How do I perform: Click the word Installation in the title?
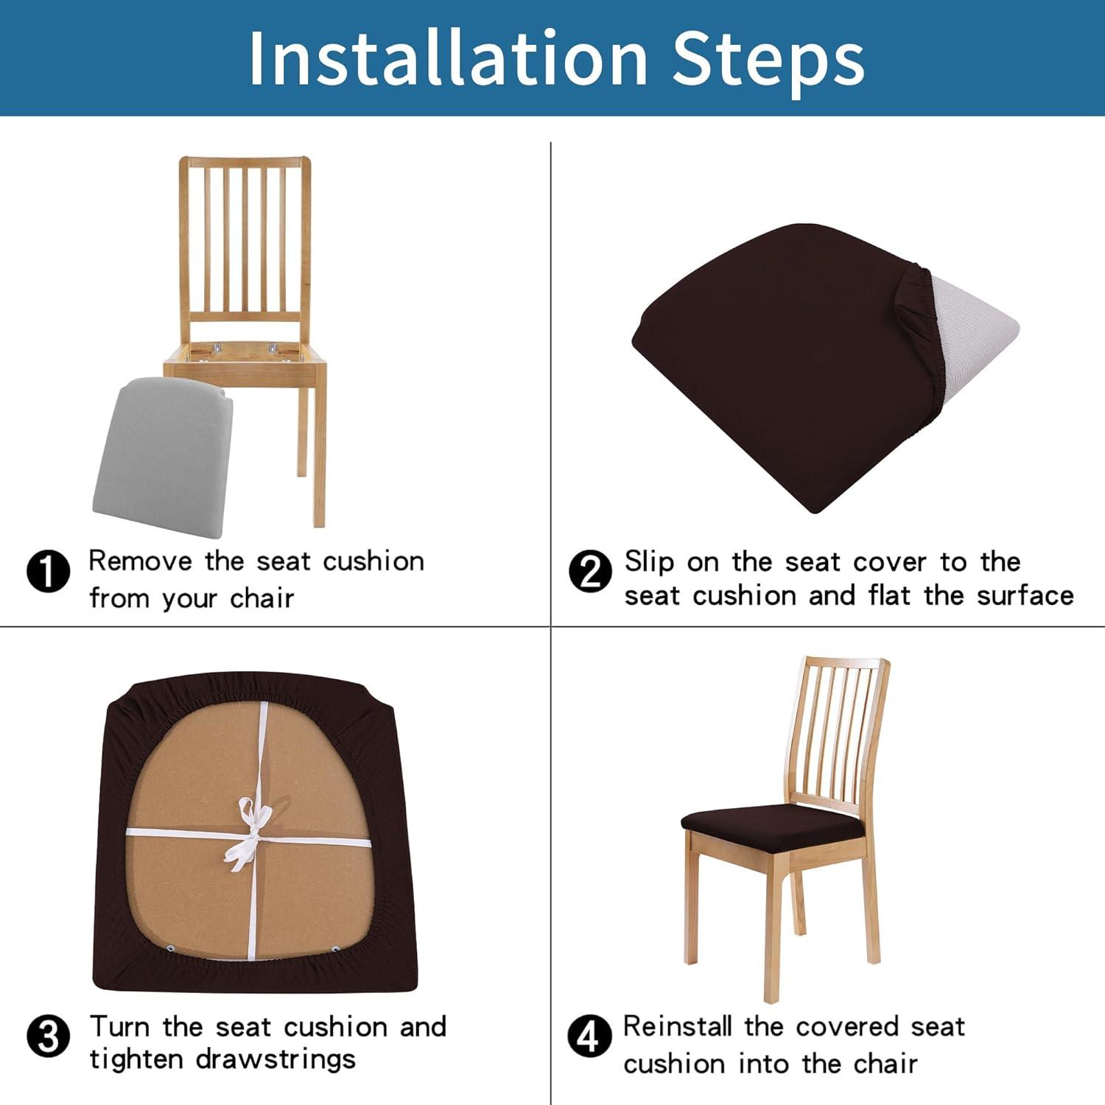coord(448,59)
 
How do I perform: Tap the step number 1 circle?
coord(48,571)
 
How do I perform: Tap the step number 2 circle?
coord(590,572)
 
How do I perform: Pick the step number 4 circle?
coord(589,1036)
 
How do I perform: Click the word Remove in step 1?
coord(139,561)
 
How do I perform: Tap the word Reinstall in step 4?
coord(677,1026)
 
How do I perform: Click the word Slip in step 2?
coord(649,562)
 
